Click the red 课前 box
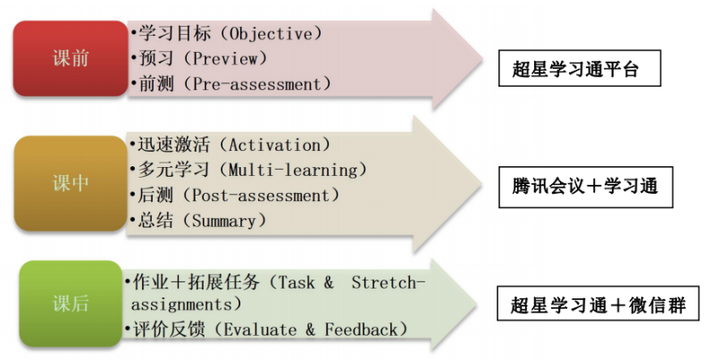71,58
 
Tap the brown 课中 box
71,183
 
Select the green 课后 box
71,304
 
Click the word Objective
271,34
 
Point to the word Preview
225,58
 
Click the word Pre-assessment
256,84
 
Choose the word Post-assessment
261,196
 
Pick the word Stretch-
389,282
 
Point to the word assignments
181,305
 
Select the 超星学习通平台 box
580,69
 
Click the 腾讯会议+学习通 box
585,187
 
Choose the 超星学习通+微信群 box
598,304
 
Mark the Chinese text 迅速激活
173,145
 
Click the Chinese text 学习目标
175,34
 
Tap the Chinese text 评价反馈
169,330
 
